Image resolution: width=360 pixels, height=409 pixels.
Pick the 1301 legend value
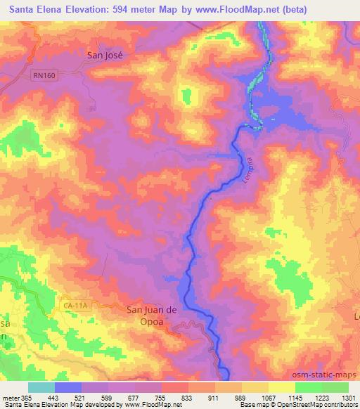coord(347,398)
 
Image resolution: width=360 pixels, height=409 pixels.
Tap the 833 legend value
coord(186,398)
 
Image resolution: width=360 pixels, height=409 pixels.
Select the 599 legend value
coord(106,398)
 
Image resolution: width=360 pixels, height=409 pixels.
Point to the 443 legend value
coord(53,398)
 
